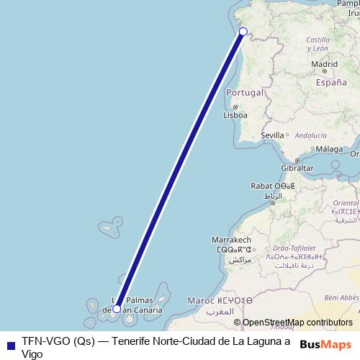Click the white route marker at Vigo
[243, 31]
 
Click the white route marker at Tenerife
[117, 309]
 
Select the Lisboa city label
[235, 114]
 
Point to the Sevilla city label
[273, 135]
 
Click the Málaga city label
[329, 149]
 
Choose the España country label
[331, 83]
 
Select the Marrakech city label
[230, 239]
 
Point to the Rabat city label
[261, 186]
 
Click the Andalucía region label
[311, 135]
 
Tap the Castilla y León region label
[318, 44]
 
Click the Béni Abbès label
[341, 297]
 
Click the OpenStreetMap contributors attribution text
[297, 323]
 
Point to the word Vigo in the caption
[32, 354]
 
